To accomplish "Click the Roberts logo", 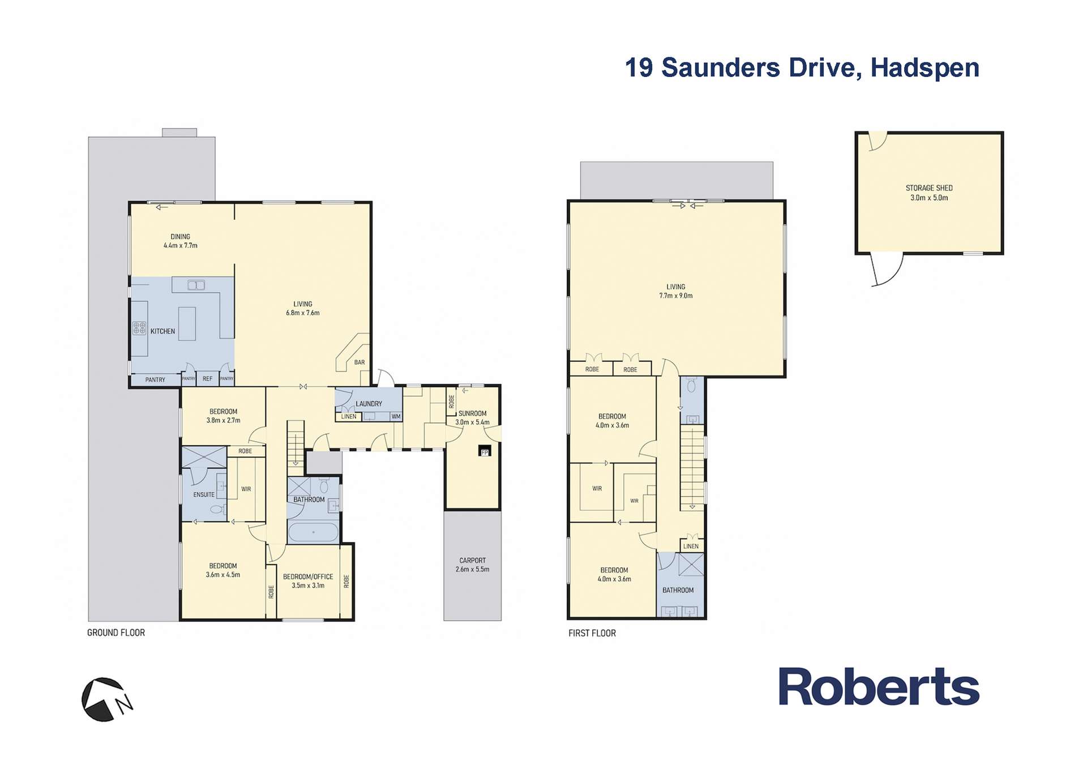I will pos(879,686).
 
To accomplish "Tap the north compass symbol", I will pos(106,700).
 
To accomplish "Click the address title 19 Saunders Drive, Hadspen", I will pos(802,68).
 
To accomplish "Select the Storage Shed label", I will pos(929,193).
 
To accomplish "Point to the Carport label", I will pos(472,565).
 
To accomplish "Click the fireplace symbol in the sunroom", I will pos(484,451).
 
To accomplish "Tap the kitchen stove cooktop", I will pos(139,328).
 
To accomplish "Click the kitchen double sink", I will pos(196,285).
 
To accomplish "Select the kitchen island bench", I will pos(187,323).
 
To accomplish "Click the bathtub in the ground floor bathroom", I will pos(313,532).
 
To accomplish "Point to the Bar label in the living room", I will pos(360,362).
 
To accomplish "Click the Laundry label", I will pos(369,404).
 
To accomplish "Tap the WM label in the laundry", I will pos(396,417).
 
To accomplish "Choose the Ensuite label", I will pos(204,494).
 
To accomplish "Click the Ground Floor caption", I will pos(116,633).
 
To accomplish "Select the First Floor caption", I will pos(592,633).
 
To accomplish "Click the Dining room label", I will pos(181,241).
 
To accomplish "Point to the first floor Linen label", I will pos(691,546).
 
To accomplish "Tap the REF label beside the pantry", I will pos(208,379).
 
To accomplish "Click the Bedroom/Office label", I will pos(308,581).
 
